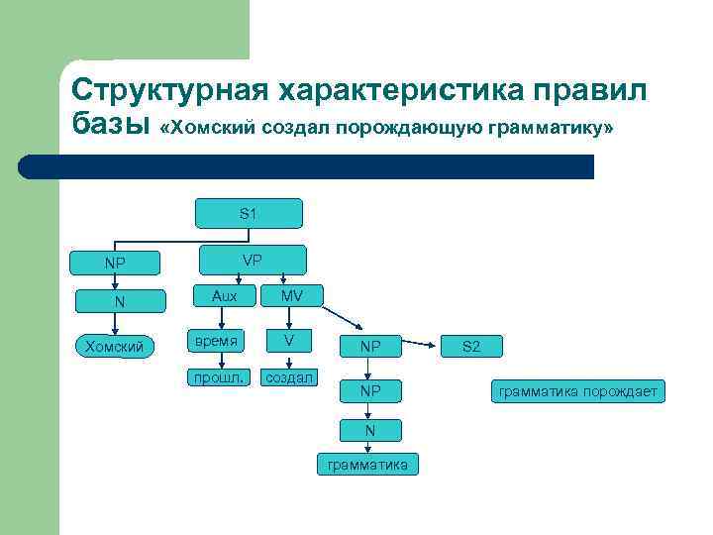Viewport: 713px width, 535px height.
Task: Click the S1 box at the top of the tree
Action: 249,213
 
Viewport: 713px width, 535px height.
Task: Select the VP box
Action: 253,261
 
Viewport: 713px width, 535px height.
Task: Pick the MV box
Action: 291,295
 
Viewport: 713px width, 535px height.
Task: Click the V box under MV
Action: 288,342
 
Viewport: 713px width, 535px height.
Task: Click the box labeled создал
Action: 288,377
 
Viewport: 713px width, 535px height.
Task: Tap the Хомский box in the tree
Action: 115,346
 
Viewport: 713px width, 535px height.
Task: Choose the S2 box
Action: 471,347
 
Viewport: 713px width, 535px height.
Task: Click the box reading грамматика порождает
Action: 577,392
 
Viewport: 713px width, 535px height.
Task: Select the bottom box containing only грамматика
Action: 367,465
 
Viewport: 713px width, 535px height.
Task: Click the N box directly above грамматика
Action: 369,429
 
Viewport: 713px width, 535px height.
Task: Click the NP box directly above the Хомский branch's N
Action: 115,264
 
